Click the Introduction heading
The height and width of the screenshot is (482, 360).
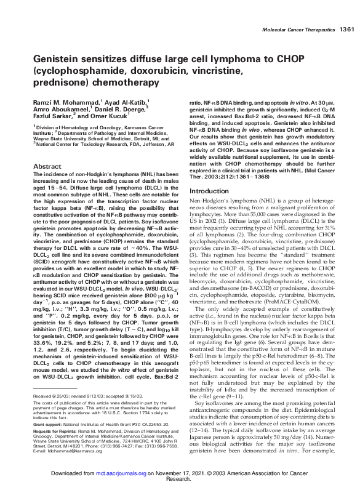click(x=210, y=174)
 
